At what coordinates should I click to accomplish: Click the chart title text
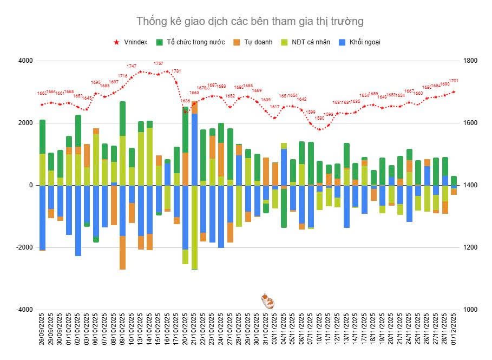click(250, 21)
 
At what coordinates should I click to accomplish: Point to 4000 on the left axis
click(25, 61)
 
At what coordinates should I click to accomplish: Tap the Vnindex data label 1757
click(159, 64)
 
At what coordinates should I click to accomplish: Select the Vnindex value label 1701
click(454, 81)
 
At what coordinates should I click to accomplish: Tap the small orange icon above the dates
click(266, 300)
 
